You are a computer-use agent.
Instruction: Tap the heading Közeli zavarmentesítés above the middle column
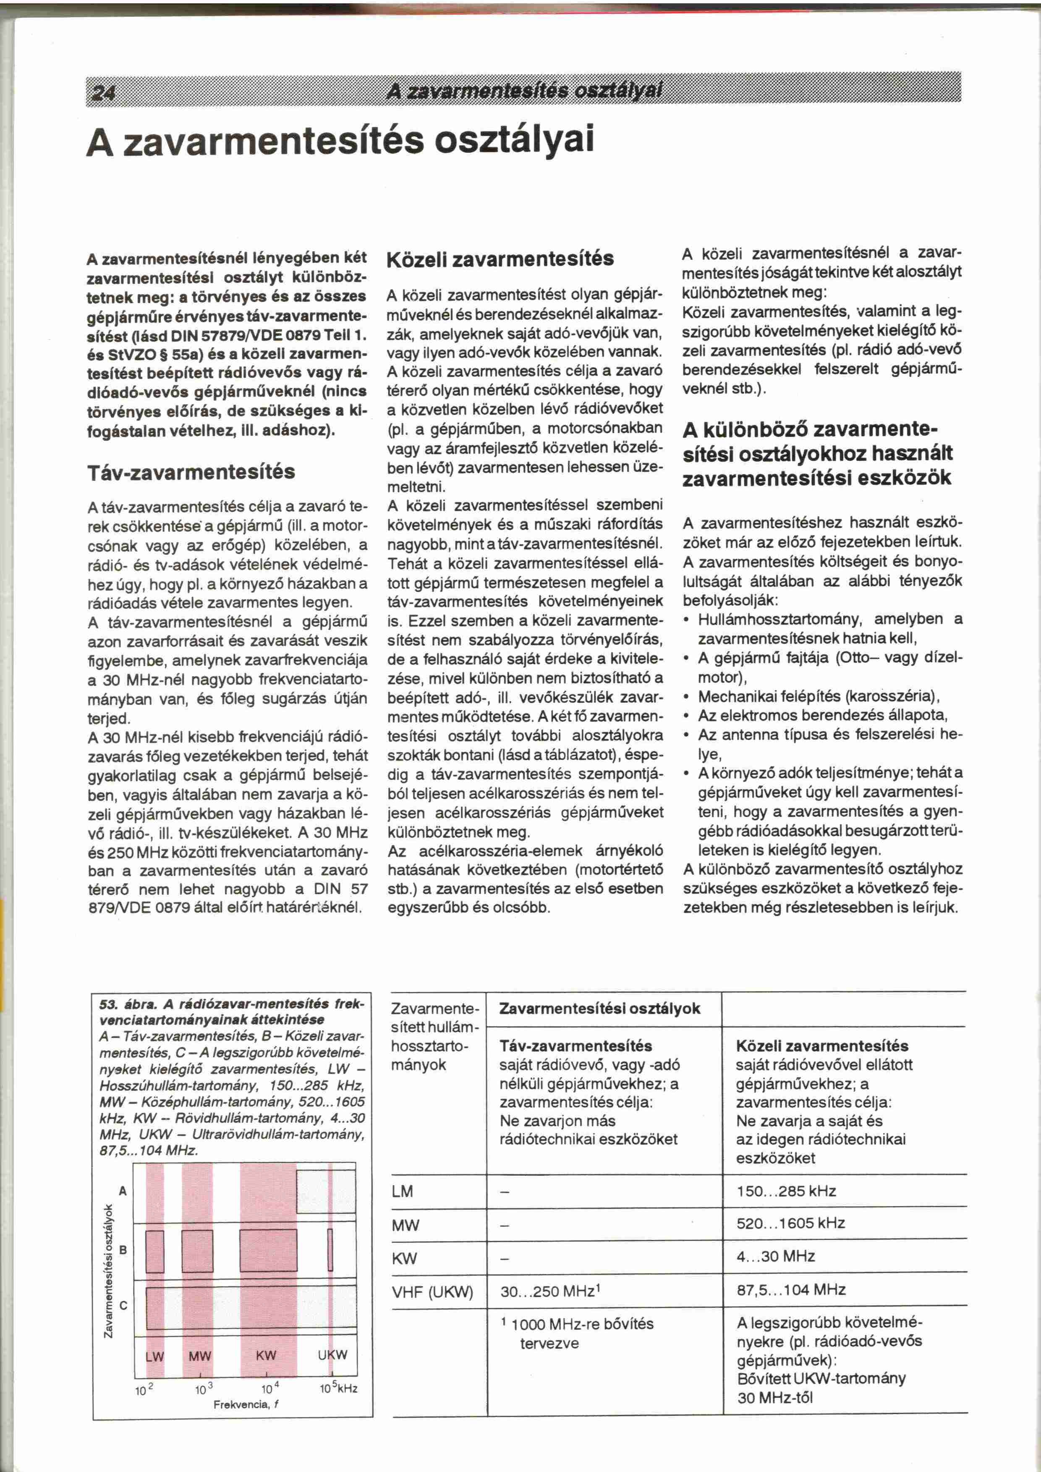coord(501,259)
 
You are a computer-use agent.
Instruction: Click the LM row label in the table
coord(403,1191)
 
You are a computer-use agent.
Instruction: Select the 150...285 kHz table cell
coord(787,1191)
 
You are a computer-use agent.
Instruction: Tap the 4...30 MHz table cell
coord(776,1256)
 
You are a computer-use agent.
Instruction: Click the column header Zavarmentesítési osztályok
coord(599,1009)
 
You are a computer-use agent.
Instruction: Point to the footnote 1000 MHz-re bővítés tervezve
coord(577,1333)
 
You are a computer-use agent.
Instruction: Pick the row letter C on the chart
coord(124,1305)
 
